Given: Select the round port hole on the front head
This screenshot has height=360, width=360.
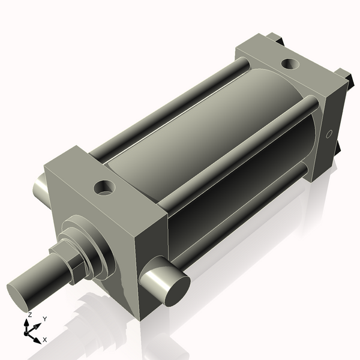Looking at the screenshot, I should [x=106, y=188].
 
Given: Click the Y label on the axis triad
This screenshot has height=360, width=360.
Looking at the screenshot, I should [x=45, y=319].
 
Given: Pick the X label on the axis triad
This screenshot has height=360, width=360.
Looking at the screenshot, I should [x=44, y=340].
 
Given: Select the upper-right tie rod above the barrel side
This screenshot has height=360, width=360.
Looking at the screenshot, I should [x=240, y=143].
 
